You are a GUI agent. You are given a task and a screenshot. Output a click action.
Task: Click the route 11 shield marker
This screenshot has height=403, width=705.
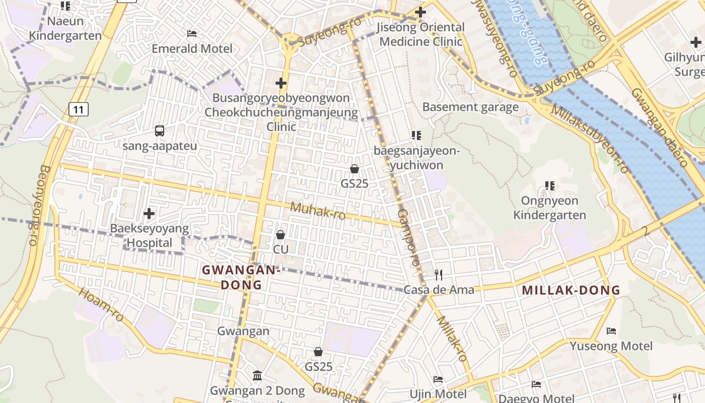point(79,109)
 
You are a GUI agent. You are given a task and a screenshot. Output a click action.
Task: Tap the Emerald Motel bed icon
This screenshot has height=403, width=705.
point(192,34)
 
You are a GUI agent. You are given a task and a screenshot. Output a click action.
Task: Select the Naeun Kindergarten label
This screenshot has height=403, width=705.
point(65,28)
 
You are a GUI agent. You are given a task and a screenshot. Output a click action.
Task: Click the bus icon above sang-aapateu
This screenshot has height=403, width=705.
point(160,131)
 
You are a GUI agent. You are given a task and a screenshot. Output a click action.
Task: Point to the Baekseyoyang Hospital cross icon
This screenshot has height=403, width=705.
point(149,214)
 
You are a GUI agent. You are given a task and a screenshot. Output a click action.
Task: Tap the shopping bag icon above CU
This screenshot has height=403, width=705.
point(280,235)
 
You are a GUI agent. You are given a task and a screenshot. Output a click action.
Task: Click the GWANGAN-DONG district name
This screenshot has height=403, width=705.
point(241,277)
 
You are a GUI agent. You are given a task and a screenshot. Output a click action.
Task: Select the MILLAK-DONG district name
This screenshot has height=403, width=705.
point(571,290)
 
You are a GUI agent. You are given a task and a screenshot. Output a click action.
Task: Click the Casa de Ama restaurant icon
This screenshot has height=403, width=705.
point(439,275)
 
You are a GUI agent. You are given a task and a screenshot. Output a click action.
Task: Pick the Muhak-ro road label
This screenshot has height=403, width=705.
point(318,211)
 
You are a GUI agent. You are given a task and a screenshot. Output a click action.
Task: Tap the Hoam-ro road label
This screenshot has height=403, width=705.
point(101,305)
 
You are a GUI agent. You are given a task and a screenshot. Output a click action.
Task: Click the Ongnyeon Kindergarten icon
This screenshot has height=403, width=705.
point(550,186)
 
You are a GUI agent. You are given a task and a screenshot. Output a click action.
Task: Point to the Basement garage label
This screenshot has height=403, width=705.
point(470,107)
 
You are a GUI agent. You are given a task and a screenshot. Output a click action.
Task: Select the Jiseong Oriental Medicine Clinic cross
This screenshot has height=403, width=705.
point(420,12)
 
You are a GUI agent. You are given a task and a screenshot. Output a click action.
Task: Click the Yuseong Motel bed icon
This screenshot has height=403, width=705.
point(611,331)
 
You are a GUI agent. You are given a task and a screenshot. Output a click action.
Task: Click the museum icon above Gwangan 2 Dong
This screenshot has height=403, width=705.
point(257,375)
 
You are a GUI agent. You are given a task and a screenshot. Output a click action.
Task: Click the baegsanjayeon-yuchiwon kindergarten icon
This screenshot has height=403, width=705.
point(416,136)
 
